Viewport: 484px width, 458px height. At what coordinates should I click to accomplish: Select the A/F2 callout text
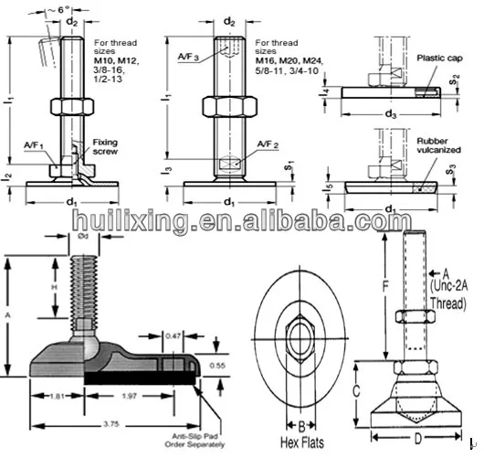268,144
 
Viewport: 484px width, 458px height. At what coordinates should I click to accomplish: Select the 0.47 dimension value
172,336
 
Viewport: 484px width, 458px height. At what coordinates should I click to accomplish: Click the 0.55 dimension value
216,364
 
